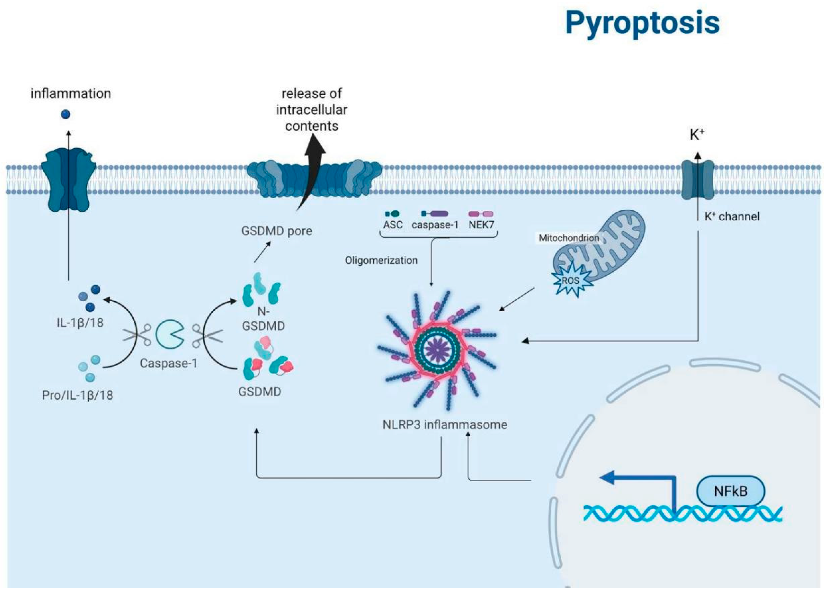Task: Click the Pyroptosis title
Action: (642, 23)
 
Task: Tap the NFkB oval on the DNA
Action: (730, 491)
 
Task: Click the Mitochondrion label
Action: (569, 238)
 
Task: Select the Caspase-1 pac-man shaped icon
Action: (169, 334)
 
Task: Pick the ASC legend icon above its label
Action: (392, 214)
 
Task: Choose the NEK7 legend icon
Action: (481, 214)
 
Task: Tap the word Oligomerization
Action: (381, 260)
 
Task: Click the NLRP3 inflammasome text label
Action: (445, 424)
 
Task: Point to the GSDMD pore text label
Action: (276, 231)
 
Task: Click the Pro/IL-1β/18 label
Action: (77, 395)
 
